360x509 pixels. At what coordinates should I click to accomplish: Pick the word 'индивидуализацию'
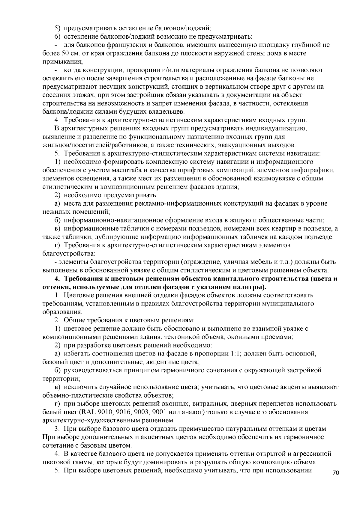(280, 129)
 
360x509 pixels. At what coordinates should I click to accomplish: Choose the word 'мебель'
(262, 262)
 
